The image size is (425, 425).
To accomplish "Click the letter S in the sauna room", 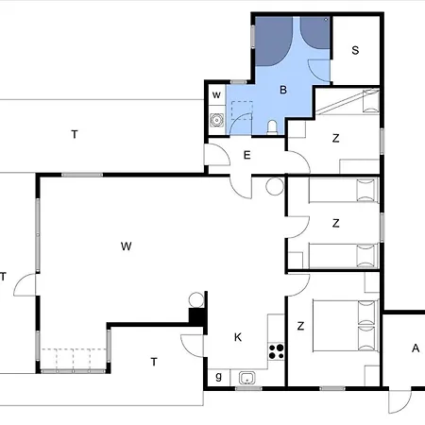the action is (x=355, y=50).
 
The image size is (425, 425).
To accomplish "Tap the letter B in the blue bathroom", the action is (x=283, y=90).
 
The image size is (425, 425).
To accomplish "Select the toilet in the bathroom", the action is (x=272, y=127).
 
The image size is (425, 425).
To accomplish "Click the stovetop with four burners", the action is (x=276, y=352).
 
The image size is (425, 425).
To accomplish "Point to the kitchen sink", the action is (x=247, y=378).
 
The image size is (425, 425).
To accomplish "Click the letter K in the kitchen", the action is (x=238, y=337).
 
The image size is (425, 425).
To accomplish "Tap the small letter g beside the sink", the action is (x=218, y=377).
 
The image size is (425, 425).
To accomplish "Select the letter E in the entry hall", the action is (x=247, y=155).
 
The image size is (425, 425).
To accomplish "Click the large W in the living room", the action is (x=126, y=246).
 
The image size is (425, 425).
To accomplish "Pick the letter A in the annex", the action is (x=416, y=348).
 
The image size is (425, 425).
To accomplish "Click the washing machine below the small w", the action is (x=216, y=120).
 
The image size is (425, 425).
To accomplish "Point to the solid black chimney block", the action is (x=197, y=315).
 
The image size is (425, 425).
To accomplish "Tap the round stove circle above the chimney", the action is (x=196, y=299).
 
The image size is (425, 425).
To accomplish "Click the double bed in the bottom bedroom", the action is (x=345, y=326).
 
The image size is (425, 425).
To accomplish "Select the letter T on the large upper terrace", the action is (x=75, y=135).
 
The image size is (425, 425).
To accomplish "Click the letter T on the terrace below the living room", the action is (x=154, y=362).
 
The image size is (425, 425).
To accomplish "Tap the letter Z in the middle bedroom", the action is (x=336, y=223).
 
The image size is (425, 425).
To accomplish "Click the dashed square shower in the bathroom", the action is (x=242, y=110).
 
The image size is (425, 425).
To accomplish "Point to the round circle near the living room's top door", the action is (x=275, y=186).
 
